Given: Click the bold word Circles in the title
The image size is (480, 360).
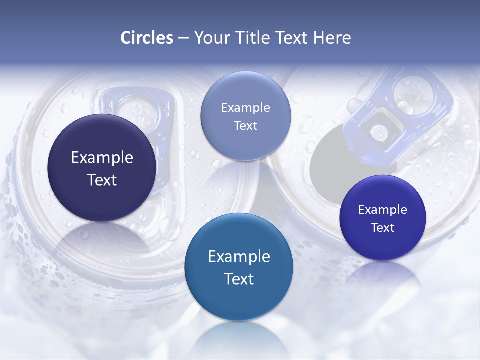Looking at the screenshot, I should click(x=146, y=37).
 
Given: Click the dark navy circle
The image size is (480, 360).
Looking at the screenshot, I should click(x=102, y=168).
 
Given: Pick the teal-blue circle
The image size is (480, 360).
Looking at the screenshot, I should click(x=238, y=267).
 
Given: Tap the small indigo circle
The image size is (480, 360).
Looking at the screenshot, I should click(x=382, y=217).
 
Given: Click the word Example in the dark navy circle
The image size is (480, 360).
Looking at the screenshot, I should click(x=102, y=157).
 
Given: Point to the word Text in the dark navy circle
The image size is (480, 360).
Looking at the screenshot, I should click(x=102, y=180).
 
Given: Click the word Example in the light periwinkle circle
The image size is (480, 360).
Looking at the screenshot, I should click(x=245, y=107).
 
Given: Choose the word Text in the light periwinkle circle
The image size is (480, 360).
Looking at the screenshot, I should click(x=245, y=125).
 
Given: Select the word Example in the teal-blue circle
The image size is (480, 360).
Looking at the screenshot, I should click(x=239, y=256).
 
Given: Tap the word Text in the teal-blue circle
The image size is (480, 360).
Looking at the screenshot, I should click(x=239, y=279).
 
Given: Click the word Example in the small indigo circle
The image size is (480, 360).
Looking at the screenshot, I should click(x=382, y=209).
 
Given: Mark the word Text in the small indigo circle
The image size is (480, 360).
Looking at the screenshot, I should click(x=382, y=227).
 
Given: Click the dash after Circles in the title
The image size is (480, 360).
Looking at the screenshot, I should click(x=183, y=38).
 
